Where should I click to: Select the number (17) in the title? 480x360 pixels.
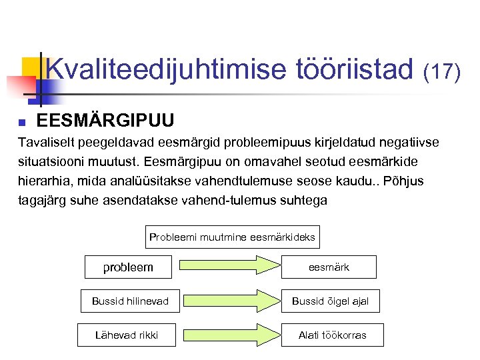tap(442, 71)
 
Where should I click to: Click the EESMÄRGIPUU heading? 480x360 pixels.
tap(105, 121)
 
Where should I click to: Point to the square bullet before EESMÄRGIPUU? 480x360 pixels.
tap(22, 122)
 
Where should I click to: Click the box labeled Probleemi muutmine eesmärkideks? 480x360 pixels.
tap(232, 237)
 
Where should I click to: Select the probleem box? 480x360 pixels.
tap(128, 267)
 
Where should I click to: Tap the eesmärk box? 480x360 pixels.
tap(329, 267)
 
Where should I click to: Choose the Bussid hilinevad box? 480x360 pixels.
tap(130, 301)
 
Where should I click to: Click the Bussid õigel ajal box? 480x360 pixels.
tap(330, 301)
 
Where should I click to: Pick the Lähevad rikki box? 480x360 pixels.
tap(127, 335)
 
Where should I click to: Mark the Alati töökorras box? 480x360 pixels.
tap(332, 335)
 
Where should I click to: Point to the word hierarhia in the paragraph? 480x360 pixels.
tap(41, 181)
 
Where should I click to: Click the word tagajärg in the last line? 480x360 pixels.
tap(43, 200)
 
